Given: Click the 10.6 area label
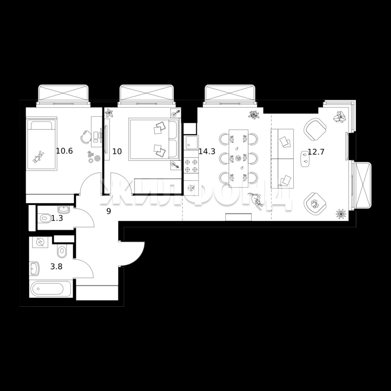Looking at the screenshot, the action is pyautogui.click(x=64, y=151).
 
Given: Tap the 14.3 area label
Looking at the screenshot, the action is pyautogui.click(x=207, y=151).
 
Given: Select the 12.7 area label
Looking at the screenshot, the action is pyautogui.click(x=316, y=151).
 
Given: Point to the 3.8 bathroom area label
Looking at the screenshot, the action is pyautogui.click(x=56, y=266).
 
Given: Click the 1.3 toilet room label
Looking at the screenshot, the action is pyautogui.click(x=57, y=218).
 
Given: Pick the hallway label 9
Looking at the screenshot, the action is pyautogui.click(x=109, y=211).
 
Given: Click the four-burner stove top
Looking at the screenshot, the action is pyautogui.click(x=191, y=166).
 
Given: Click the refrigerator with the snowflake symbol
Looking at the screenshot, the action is pyautogui.click(x=191, y=188).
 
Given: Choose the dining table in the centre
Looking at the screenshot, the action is pyautogui.click(x=238, y=158).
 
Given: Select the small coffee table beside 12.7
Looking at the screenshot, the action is pyautogui.click(x=305, y=159).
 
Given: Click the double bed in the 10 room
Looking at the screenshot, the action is pyautogui.click(x=154, y=139).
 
